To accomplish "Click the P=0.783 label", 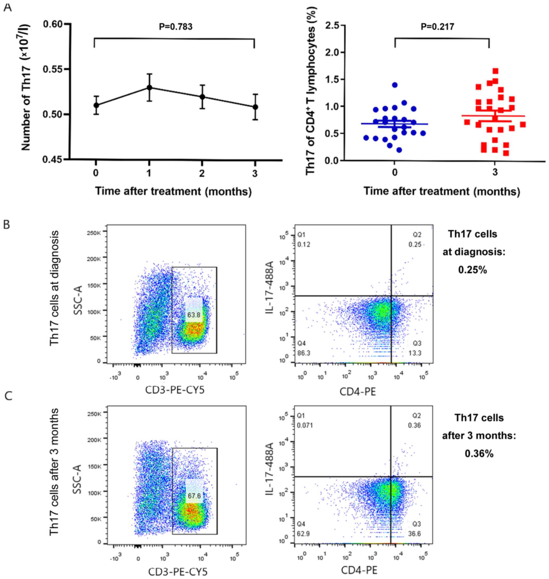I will pos(175,27).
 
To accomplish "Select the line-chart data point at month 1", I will pos(149,88).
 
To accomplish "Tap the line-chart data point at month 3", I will pos(255,107).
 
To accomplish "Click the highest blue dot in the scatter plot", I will pos(395,85).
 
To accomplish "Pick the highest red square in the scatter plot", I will pos(495,71).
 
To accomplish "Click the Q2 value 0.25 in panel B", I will pos(415,245).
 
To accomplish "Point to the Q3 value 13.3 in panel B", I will pos(415,353).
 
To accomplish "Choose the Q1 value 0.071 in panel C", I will pos(305,425).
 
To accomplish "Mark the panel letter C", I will pos(9,396).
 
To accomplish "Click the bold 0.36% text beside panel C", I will pos(479,454).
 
